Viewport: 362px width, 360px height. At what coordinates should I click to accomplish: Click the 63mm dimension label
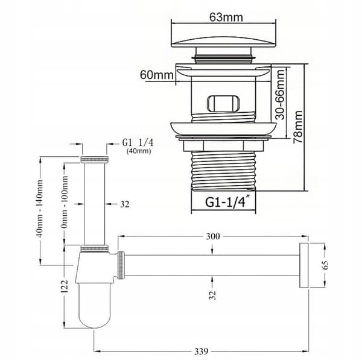226,17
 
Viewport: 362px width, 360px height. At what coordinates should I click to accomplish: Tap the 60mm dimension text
156,75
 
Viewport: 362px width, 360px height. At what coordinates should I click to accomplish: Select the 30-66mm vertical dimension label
281,95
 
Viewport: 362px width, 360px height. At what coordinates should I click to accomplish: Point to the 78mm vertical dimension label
298,127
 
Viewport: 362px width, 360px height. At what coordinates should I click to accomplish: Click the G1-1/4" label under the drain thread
227,202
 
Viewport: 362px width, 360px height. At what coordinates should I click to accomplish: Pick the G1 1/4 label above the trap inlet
138,143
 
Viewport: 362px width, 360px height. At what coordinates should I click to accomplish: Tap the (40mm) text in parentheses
139,151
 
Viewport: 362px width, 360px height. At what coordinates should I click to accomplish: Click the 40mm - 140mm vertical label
39,209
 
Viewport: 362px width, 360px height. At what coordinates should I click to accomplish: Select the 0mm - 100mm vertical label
65,202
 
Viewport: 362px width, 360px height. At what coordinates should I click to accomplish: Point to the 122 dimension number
65,286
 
